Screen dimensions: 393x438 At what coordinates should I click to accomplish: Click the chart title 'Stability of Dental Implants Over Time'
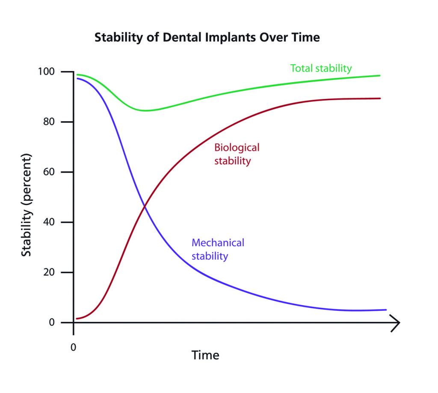207,38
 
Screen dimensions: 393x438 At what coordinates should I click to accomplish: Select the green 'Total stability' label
321,68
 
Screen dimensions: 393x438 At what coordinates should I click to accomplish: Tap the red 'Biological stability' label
237,154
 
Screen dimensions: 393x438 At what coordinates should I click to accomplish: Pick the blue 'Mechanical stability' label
218,249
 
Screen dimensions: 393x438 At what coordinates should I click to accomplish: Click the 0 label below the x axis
74,346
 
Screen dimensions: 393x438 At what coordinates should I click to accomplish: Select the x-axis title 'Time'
205,355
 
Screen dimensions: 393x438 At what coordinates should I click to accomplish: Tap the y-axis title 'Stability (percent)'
27,205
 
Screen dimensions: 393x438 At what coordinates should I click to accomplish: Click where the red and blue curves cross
145,206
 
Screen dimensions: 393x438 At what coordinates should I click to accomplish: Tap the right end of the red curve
380,98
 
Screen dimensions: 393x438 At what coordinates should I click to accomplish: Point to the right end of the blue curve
386,310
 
